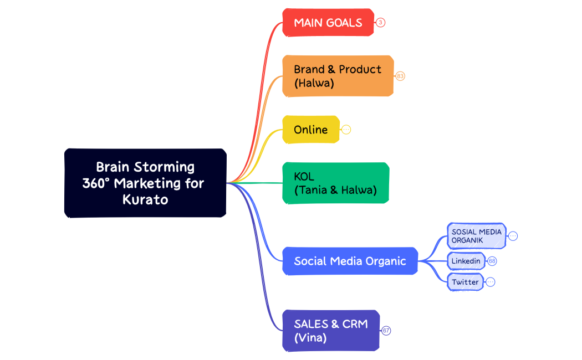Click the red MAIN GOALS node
[328, 23]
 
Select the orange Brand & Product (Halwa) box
[338, 76]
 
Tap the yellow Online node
[310, 130]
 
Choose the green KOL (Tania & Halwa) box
[335, 183]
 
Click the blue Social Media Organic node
[350, 261]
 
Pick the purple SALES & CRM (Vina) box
[330, 331]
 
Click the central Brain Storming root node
[145, 183]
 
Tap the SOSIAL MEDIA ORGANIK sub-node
[476, 236]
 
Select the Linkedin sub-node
[466, 261]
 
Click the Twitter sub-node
[465, 282]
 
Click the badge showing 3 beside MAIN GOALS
[380, 23]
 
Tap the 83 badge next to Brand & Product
[400, 76]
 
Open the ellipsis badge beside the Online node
[346, 130]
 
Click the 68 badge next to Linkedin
[492, 261]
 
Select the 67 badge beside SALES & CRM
[386, 331]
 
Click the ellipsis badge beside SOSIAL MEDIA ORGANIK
[513, 236]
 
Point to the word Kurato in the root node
[145, 199]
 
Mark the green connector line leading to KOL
[261, 183]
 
